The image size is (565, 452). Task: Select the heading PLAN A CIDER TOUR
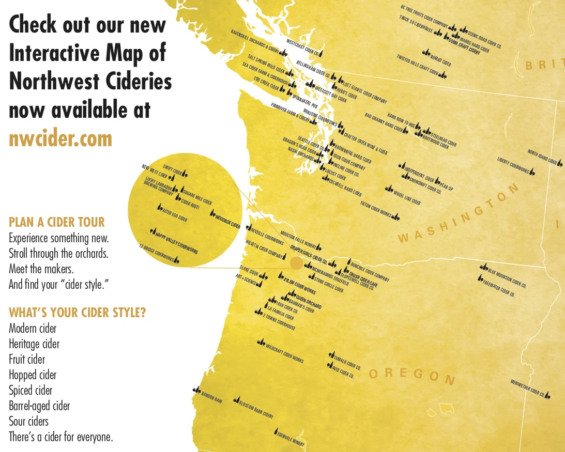click(57, 223)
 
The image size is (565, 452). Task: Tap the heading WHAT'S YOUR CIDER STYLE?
click(77, 313)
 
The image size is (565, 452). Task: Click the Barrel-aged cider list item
click(39, 406)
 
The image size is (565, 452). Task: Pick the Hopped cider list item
click(33, 375)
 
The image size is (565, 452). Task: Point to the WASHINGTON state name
click(458, 213)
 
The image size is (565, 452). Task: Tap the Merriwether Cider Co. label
click(527, 389)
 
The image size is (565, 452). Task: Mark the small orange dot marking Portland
click(296, 263)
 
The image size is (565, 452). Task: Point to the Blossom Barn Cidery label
click(256, 408)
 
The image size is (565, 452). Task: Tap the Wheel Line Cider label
click(407, 196)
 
